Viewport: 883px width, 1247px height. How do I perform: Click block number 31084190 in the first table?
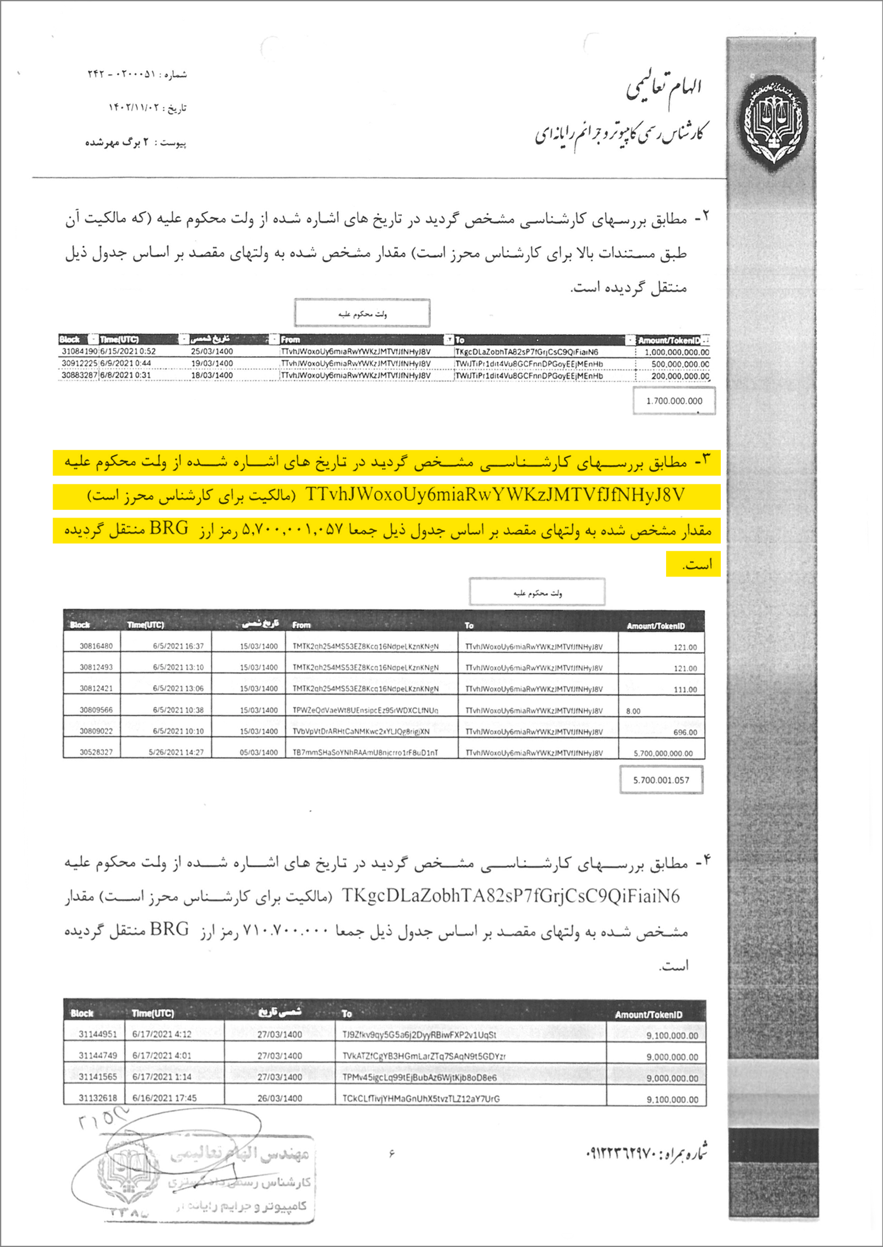pos(79,351)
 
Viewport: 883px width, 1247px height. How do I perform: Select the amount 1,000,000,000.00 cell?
pos(677,352)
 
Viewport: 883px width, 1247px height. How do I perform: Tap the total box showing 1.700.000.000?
pos(674,401)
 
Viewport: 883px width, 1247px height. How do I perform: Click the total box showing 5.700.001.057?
pos(661,780)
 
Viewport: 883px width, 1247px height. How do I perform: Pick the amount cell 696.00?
pos(685,732)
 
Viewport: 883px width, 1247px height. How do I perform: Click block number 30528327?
pos(96,752)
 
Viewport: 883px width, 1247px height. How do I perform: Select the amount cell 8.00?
pos(633,711)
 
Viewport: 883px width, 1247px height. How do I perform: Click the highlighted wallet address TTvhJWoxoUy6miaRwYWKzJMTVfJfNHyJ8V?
pos(494,495)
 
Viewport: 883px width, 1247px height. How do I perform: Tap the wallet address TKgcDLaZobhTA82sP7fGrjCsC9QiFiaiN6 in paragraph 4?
pos(510,896)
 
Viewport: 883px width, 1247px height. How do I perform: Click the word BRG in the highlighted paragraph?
pos(169,529)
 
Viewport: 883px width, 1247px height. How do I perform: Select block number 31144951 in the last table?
pos(98,1034)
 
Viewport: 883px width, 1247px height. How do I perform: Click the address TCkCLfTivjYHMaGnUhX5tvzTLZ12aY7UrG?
pos(421,1098)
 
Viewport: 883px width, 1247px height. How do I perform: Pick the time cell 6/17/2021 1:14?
pos(162,1077)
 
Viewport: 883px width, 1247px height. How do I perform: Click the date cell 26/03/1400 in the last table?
pos(279,1098)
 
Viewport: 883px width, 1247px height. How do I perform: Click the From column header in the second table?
pos(301,625)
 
